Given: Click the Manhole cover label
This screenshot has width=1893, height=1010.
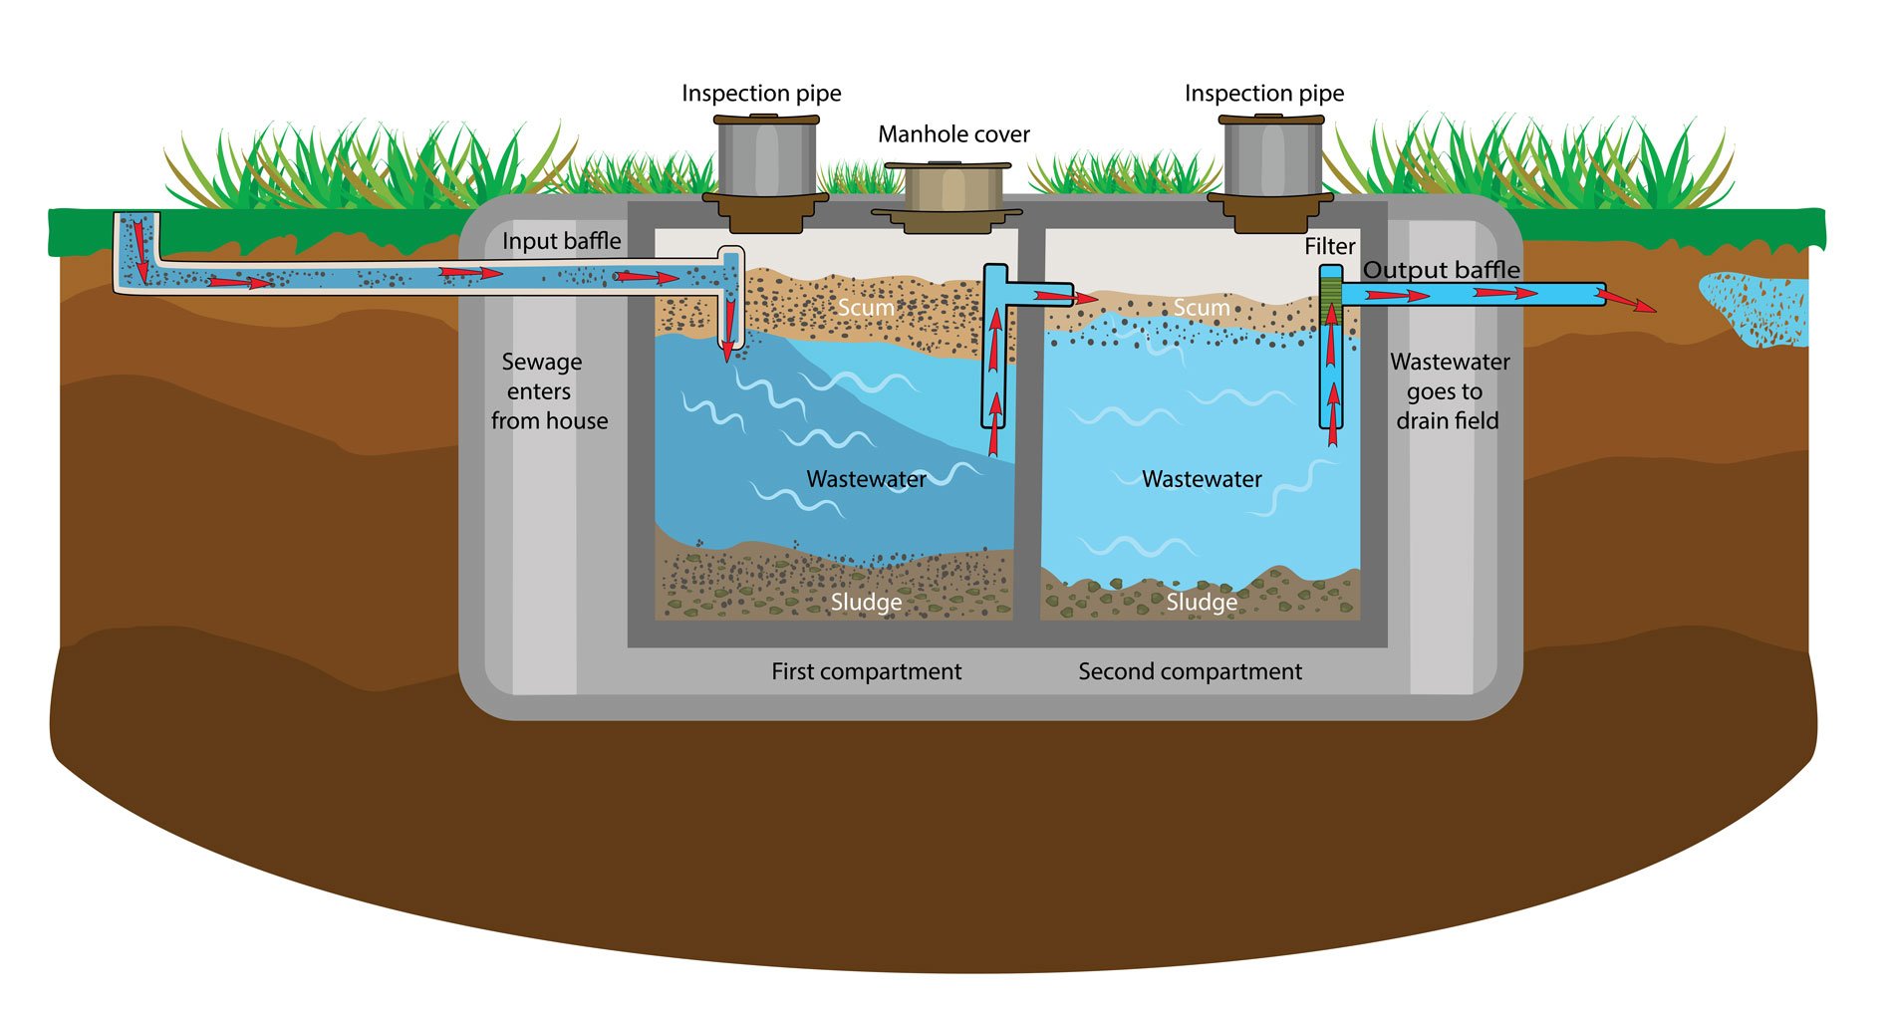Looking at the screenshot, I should pyautogui.click(x=953, y=134).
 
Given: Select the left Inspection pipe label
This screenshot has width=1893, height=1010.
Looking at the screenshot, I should pyautogui.click(x=761, y=94).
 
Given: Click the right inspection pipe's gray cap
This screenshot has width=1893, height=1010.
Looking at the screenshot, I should pyautogui.click(x=1271, y=157).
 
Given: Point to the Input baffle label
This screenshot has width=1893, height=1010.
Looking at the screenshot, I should pyautogui.click(x=561, y=241).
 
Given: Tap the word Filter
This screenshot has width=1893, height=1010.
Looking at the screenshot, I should pyautogui.click(x=1329, y=246).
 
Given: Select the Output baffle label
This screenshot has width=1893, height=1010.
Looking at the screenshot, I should pyautogui.click(x=1441, y=270).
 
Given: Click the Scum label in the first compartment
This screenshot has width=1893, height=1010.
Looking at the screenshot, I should pyautogui.click(x=865, y=308).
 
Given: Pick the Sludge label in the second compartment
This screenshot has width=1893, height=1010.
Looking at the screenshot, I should pyautogui.click(x=1202, y=603).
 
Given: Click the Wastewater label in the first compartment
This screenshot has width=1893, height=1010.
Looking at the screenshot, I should pyautogui.click(x=866, y=479).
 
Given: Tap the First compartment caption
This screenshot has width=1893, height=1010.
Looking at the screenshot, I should pyautogui.click(x=866, y=671).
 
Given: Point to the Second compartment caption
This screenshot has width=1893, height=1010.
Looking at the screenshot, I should pyautogui.click(x=1190, y=671).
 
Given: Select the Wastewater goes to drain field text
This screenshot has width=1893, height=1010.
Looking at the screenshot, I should pyautogui.click(x=1449, y=391).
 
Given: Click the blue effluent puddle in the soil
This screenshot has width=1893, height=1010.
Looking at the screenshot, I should pyautogui.click(x=1758, y=309).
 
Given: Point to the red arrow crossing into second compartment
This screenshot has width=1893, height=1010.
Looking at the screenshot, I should pyautogui.click(x=1066, y=297).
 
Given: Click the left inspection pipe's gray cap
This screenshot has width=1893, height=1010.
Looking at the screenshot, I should pyautogui.click(x=766, y=157).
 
